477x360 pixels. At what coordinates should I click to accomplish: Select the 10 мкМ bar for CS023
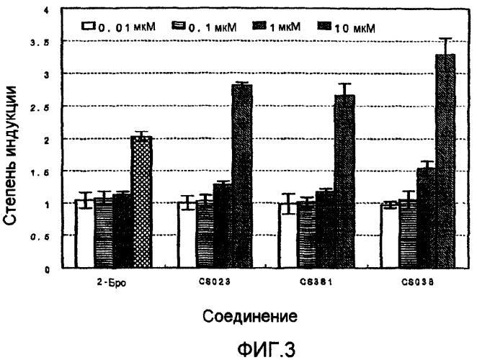[x=242, y=176]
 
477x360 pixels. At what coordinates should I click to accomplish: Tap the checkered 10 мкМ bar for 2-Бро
[x=141, y=202]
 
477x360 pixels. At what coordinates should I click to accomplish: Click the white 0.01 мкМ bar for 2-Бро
[x=84, y=234]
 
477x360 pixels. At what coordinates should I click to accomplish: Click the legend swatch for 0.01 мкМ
[x=89, y=27]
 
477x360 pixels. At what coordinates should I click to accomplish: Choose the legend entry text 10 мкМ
[x=357, y=27]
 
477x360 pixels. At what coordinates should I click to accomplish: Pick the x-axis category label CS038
[x=418, y=283]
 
